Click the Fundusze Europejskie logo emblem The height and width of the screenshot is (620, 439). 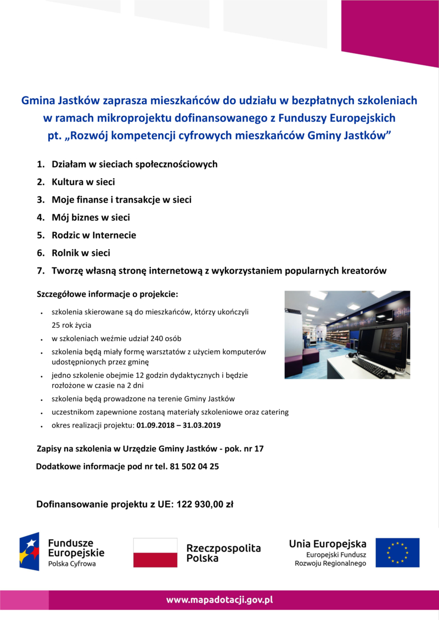(30, 551)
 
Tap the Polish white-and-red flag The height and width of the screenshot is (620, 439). (155, 553)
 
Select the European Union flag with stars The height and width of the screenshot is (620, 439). (397, 553)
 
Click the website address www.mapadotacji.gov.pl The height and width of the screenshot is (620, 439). (219, 600)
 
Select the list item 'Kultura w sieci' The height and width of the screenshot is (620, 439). (83, 182)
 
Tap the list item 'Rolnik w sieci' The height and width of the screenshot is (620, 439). (81, 253)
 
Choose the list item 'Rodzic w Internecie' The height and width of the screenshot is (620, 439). (93, 235)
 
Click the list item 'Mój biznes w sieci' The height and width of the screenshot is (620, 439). (91, 218)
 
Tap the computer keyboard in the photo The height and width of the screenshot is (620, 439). (372, 367)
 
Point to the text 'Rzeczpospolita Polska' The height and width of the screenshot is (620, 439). (223, 553)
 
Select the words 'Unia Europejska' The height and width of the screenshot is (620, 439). (328, 544)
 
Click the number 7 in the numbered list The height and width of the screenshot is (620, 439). (40, 270)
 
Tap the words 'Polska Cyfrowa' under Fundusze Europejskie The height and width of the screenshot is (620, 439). (72, 564)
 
